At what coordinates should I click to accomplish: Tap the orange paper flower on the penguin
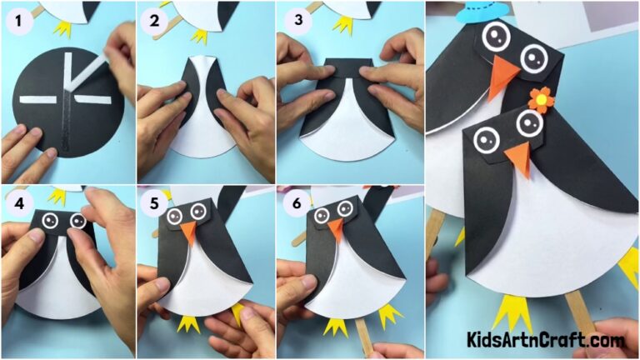click(x=540, y=99)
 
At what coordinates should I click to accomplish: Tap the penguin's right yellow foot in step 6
click(x=387, y=315)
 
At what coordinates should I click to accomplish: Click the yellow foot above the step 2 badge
click(x=198, y=35)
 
